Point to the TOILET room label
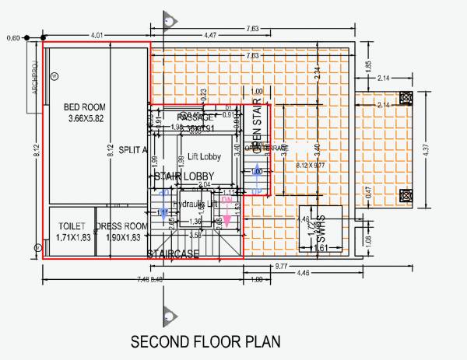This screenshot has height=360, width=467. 72,226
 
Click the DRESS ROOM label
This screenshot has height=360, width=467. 121,226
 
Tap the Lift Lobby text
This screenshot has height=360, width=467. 205,157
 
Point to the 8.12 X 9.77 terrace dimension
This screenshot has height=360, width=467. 314,166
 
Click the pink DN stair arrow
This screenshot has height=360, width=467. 227,204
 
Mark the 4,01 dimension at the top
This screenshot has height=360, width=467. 97,35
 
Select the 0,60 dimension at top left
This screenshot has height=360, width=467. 12,37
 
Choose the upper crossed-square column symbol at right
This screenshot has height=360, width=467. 406,98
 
